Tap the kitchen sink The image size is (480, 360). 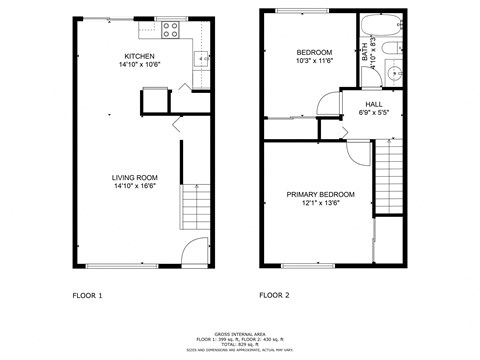[x=202, y=59]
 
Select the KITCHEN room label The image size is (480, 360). [x=138, y=56]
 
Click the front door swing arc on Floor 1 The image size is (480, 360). [x=195, y=249]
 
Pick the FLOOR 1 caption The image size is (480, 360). [x=87, y=295]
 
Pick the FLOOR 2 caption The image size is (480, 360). [x=274, y=295]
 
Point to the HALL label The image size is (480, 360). [x=373, y=103]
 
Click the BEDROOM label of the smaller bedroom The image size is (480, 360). [x=314, y=52]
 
